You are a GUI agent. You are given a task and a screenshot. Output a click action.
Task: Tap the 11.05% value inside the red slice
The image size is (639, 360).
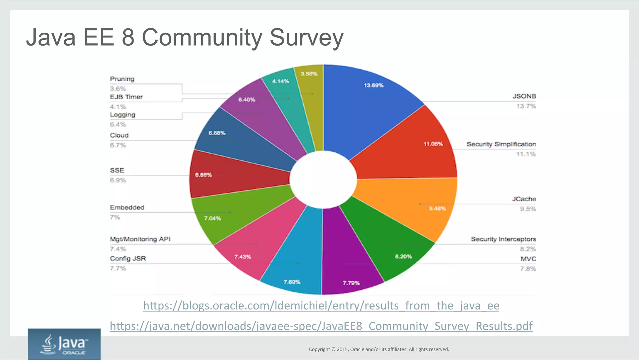[x=433, y=144]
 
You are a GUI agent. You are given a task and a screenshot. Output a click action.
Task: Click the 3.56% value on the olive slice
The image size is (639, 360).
[x=309, y=74]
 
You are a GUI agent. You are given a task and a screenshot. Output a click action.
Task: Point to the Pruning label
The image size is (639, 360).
[x=122, y=79]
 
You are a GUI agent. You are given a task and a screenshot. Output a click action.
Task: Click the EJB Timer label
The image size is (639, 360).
[x=126, y=97]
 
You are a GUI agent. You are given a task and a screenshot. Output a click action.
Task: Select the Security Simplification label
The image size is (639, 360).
[x=501, y=144]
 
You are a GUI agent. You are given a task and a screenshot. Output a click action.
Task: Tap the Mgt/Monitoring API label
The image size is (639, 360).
[x=140, y=239]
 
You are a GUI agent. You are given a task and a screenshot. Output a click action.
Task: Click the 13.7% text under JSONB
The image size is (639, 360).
[x=526, y=106]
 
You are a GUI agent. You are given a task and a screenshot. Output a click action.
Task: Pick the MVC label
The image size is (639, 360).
[x=528, y=259]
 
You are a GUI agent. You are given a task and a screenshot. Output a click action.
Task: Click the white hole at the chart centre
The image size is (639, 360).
[x=323, y=180]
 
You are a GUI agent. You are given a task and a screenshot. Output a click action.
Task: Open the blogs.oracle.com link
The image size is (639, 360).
[x=321, y=305]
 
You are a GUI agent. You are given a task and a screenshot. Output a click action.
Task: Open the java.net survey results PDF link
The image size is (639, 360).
[x=321, y=326]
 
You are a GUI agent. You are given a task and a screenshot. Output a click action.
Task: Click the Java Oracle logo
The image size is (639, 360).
[x=64, y=344]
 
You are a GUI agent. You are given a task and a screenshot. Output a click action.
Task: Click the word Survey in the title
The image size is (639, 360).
[x=306, y=37]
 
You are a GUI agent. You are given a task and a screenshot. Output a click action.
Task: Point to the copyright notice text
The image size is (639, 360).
[x=379, y=349]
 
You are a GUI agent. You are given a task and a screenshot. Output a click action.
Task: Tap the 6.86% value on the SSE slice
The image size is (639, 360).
[x=203, y=175]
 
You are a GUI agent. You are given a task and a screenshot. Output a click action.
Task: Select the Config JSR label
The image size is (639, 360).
[x=128, y=259]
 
